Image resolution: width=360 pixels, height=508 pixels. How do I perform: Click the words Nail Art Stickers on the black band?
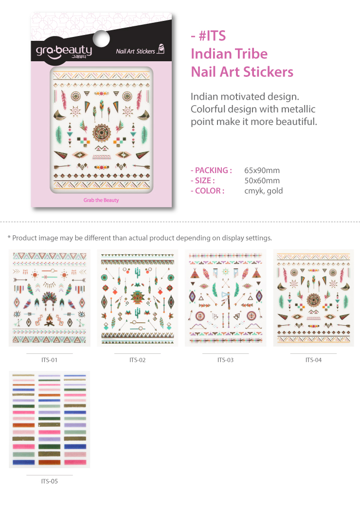[136, 51]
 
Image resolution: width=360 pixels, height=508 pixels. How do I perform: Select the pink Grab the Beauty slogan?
[101, 200]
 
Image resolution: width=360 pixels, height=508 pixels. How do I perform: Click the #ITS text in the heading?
[212, 35]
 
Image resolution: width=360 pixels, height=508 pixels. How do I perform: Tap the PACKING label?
[214, 171]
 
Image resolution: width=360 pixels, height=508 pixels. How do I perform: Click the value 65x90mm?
[262, 171]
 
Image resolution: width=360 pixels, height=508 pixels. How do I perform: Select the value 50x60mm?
[262, 180]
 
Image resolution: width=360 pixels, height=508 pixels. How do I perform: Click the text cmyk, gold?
[263, 191]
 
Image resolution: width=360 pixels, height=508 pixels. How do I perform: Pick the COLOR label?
[210, 191]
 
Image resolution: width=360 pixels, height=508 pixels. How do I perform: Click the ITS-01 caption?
[49, 360]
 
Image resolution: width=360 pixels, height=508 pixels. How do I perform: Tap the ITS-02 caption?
[138, 360]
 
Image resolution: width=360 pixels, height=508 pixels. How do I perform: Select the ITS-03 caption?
[225, 360]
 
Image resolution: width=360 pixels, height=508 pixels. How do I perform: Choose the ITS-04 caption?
[314, 360]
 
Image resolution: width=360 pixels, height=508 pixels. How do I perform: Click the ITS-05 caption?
[49, 481]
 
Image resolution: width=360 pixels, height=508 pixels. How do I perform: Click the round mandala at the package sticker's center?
[102, 133]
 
